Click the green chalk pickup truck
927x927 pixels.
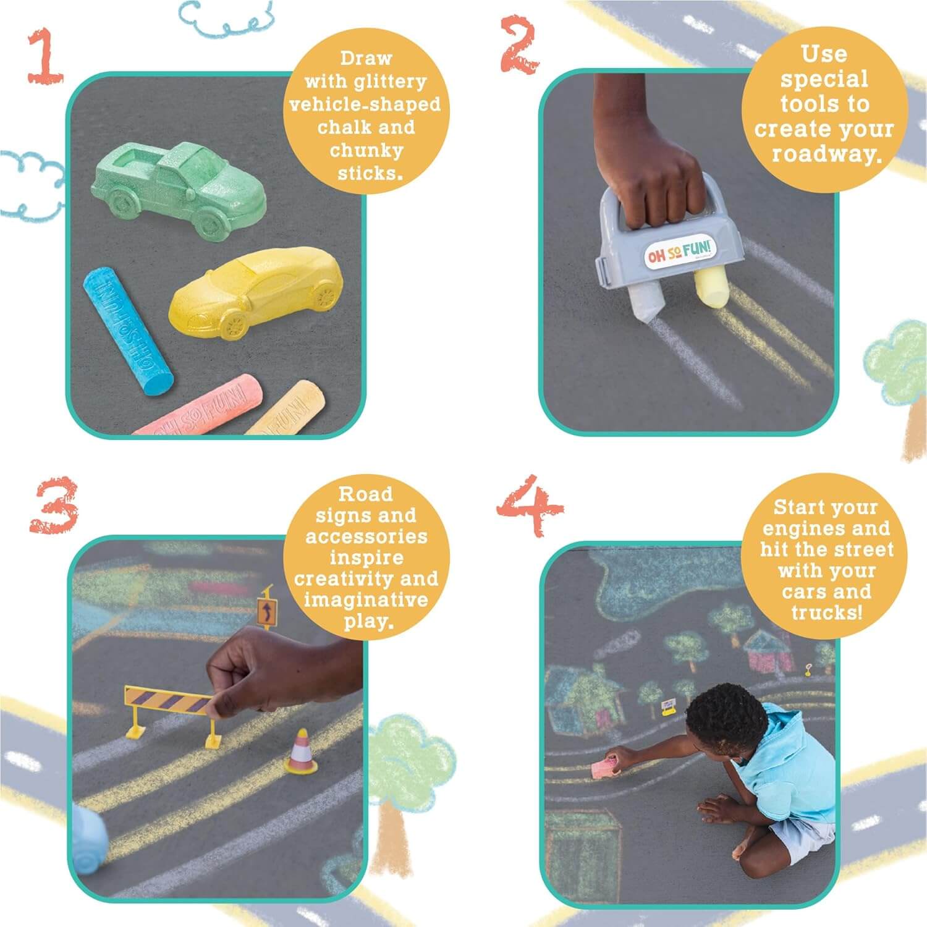pyautogui.click(x=179, y=185)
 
